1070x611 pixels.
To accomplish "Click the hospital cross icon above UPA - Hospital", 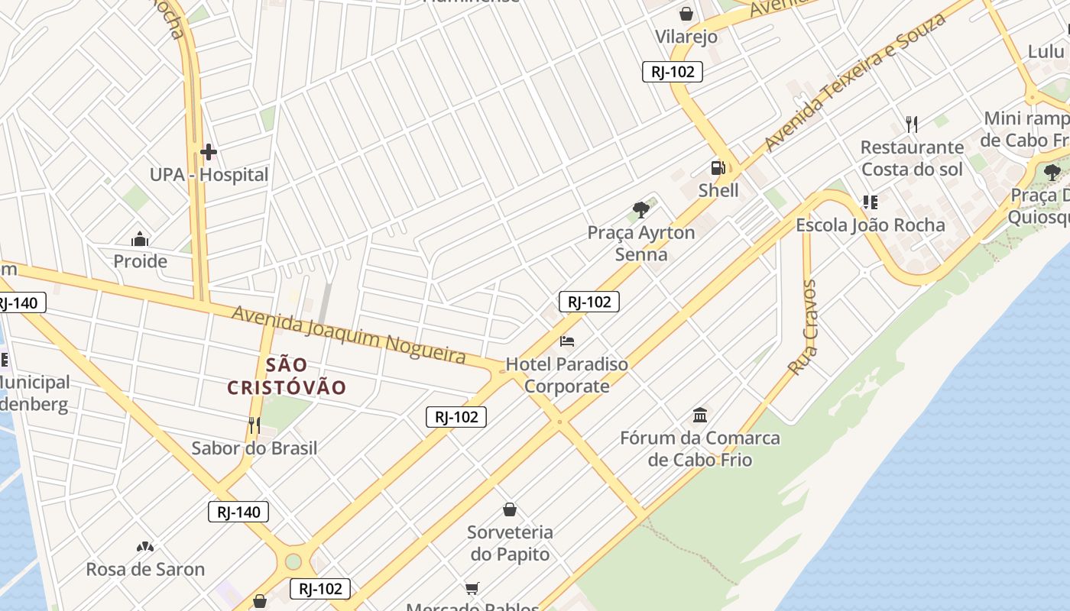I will (208, 152).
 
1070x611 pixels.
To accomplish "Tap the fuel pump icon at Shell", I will (718, 168).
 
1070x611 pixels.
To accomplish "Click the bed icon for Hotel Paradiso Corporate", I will (566, 341).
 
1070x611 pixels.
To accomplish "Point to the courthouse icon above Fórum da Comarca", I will (699, 415).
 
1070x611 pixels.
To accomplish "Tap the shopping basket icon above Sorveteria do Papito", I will (510, 509).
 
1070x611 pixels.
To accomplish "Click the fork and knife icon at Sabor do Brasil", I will (255, 425).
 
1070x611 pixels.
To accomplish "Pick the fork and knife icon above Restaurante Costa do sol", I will (911, 124).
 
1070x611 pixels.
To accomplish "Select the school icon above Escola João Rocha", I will (870, 202).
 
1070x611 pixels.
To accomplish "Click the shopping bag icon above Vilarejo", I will (686, 14).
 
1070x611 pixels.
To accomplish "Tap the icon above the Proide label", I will (139, 239).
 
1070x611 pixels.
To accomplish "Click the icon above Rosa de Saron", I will (144, 547).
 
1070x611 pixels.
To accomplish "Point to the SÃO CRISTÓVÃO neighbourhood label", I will (287, 376).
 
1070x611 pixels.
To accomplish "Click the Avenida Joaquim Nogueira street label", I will (349, 335).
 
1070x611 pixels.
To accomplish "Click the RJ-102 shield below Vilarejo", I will (672, 72).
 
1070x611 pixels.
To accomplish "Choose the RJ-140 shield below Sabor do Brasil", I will (238, 512).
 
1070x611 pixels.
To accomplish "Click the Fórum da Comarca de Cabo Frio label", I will (699, 448).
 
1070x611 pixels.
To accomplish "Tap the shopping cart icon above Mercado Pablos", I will (472, 588).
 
